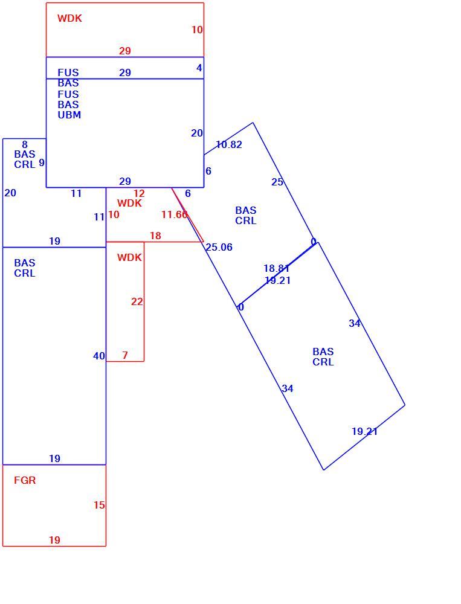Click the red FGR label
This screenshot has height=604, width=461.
coord(25,480)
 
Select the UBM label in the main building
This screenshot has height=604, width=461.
coord(69,115)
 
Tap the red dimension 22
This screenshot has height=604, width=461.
coord(137,301)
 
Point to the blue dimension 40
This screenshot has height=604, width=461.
coord(99,356)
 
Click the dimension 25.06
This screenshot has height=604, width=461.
coord(219,247)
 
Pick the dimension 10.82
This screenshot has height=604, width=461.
coord(229,144)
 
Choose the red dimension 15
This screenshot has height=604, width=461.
coord(99,505)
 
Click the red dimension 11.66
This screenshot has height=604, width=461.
coord(174,214)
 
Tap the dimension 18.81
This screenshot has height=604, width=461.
coord(276,268)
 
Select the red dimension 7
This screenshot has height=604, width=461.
coord(125,355)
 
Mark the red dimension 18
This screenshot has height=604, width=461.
coord(155,236)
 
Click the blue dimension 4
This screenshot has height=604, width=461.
coord(199,68)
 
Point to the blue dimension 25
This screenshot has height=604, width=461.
coord(277,182)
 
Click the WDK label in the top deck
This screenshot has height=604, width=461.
coord(69,18)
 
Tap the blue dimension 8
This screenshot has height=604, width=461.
coord(25,144)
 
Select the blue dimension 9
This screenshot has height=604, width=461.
coord(42,162)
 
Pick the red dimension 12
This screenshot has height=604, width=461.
coord(139,193)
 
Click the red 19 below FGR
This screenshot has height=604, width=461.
coord(54,540)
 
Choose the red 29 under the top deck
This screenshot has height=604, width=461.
coord(125,51)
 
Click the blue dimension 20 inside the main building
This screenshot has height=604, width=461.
coord(197,133)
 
